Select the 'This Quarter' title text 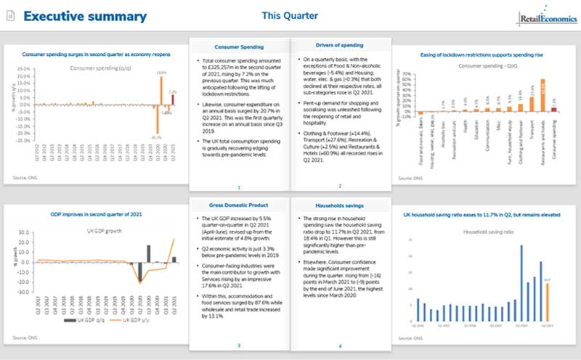[290, 15]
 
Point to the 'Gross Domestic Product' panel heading [237, 207]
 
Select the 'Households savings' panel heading [338, 207]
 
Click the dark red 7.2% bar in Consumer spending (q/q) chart [172, 101]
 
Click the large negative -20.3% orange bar [156, 120]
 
